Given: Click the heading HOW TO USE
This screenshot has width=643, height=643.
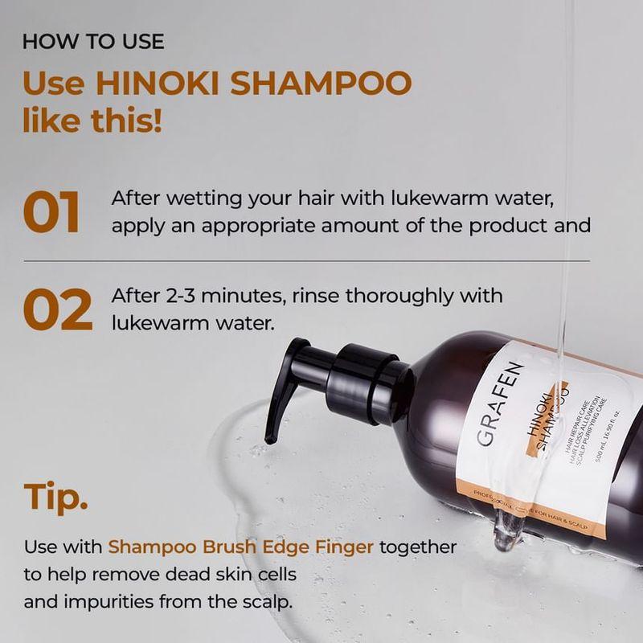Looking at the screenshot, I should tap(93, 42).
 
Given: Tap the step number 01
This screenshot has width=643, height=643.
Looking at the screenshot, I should tap(51, 212).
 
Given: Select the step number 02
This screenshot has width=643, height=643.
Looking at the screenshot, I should tap(56, 310).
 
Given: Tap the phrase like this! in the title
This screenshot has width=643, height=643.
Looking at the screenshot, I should tap(92, 122).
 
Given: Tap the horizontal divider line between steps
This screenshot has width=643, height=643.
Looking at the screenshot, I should tap(305, 261).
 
